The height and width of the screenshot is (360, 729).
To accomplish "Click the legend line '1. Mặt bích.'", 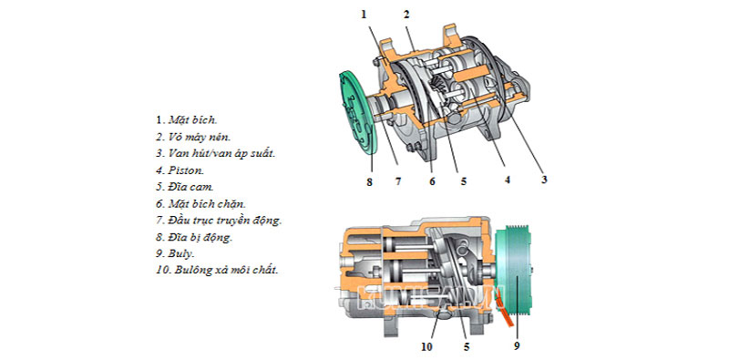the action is tap(187, 120).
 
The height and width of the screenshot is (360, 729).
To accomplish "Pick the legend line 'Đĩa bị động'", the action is tap(200, 237).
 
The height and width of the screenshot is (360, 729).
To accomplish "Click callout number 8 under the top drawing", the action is tap(369, 182).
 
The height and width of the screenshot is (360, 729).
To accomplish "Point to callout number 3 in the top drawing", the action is tap(544, 179).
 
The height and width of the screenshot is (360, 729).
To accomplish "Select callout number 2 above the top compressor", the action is tap(406, 15).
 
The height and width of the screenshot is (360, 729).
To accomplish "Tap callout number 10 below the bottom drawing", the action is tap(426, 346).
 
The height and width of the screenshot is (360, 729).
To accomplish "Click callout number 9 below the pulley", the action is tap(517, 345).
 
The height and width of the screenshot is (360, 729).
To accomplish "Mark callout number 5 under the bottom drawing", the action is tap(467, 346).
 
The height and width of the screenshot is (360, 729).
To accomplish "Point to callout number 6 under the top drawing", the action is tap(432, 181).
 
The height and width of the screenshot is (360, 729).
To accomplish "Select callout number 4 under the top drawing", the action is tap(508, 180).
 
